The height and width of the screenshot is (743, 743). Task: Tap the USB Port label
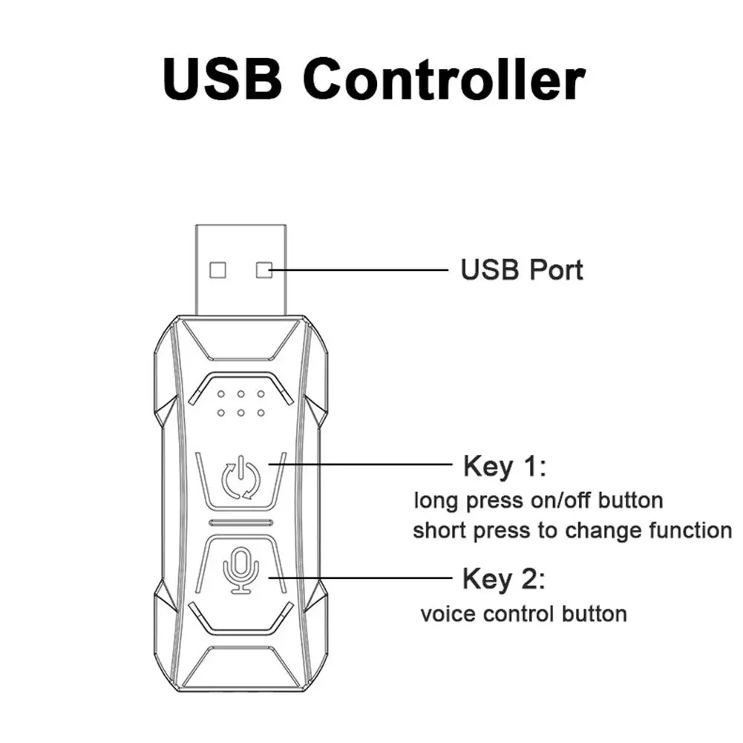tap(522, 269)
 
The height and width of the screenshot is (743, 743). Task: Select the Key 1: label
tap(505, 467)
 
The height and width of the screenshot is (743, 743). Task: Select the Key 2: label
tap(505, 577)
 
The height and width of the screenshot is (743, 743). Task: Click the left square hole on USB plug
tap(217, 269)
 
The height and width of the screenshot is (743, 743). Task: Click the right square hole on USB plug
tap(264, 269)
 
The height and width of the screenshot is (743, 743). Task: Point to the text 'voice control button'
tap(523, 615)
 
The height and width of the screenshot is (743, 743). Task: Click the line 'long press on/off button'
tap(538, 500)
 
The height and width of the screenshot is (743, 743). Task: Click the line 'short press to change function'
tap(572, 531)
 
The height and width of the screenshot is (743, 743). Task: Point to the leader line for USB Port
tap(356, 269)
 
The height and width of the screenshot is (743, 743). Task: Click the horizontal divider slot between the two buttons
tap(241, 523)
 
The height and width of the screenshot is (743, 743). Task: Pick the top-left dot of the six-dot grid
tap(220, 393)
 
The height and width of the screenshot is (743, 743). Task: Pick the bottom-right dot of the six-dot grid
tap(261, 410)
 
